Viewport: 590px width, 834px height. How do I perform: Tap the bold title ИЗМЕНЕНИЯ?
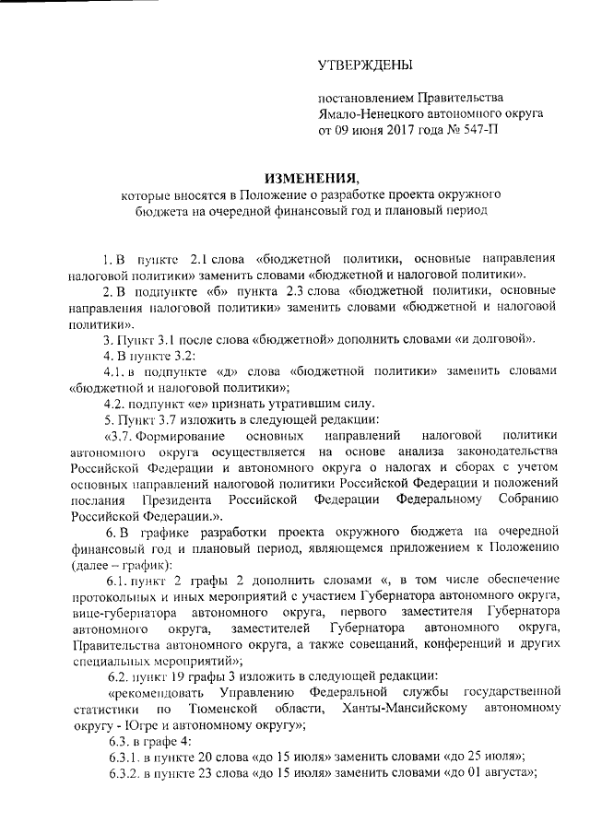(307, 177)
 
